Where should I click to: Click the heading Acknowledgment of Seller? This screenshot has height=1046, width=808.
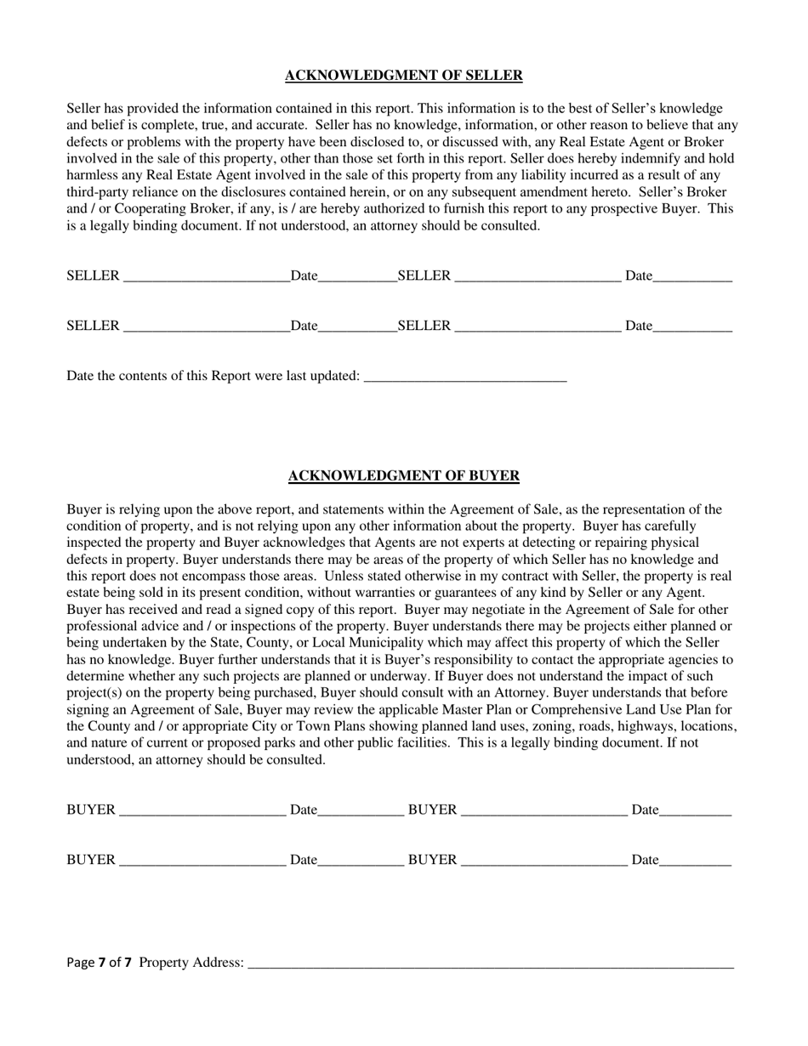(x=403, y=76)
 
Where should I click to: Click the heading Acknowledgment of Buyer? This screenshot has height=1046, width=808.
(x=403, y=476)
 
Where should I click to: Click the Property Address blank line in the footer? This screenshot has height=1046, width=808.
(x=490, y=964)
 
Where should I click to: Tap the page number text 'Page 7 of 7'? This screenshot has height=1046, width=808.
(x=99, y=963)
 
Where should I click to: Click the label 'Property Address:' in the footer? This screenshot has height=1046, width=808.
(x=191, y=963)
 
